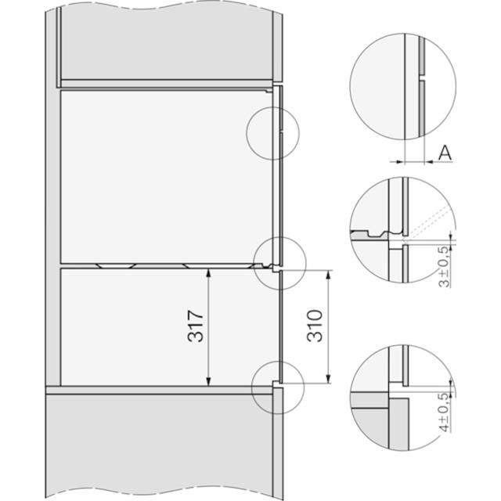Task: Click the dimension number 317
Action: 196,326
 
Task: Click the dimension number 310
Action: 315,326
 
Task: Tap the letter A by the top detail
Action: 445,153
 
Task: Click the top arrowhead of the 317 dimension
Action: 208,273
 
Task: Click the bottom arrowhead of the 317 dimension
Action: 208,381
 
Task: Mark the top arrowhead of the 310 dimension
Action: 328,275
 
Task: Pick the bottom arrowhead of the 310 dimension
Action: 328,379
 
